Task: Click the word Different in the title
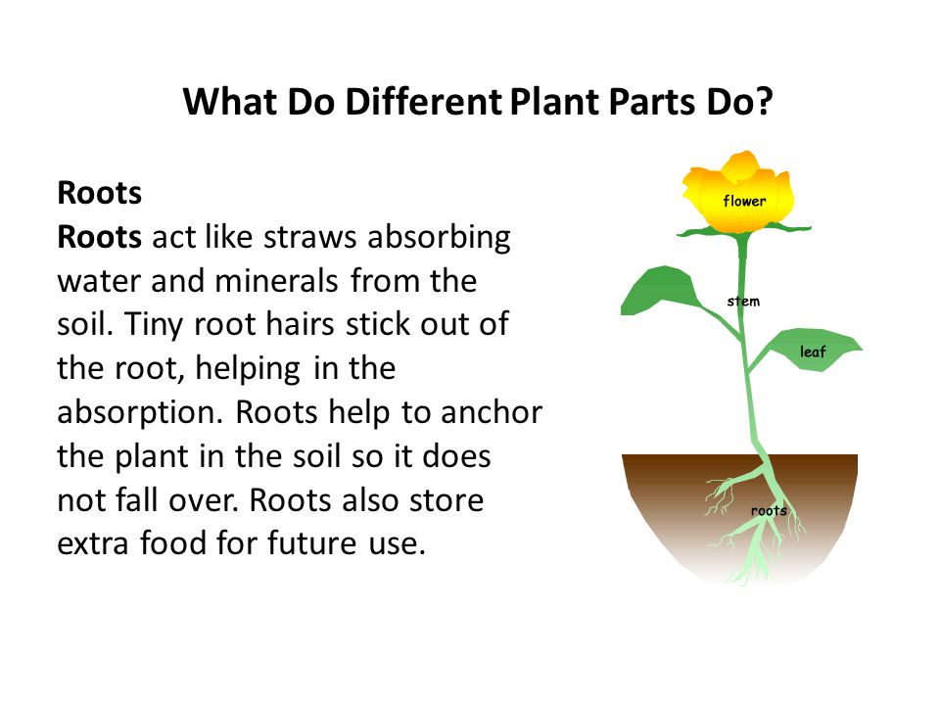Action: point(423,102)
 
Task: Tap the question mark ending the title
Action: point(764,102)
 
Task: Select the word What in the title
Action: point(229,102)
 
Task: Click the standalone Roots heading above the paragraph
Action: point(100,193)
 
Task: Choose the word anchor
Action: point(492,413)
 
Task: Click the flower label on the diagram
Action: point(744,201)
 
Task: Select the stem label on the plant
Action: point(743,301)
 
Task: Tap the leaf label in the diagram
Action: point(813,352)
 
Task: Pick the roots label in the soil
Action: point(769,511)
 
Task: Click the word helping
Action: point(248,369)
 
